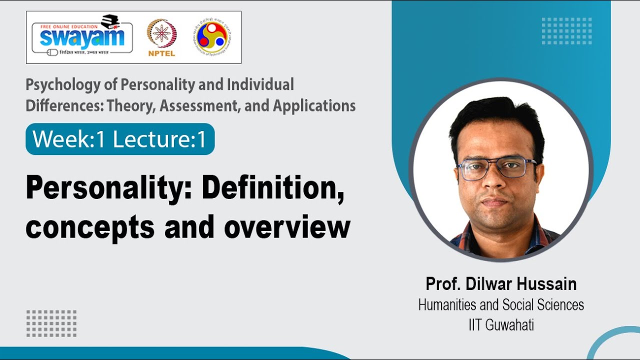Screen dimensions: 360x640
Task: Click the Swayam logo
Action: (82, 36)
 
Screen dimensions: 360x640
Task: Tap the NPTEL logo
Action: (161, 38)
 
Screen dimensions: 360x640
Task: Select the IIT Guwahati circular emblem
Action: (213, 37)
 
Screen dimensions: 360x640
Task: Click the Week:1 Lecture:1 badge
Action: (120, 139)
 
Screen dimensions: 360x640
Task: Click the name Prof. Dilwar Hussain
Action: (501, 284)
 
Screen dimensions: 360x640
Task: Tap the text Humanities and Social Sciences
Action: (501, 304)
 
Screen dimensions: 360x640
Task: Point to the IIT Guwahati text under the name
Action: (501, 325)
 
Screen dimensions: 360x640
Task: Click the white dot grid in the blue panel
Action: (566, 31)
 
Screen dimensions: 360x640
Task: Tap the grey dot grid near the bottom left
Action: (51, 323)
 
